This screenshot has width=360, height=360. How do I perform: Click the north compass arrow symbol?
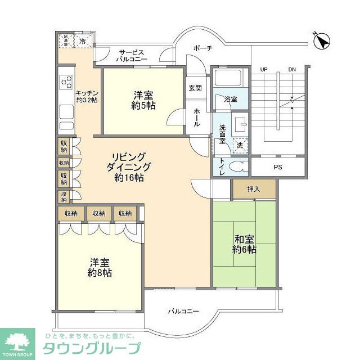[x=322, y=42]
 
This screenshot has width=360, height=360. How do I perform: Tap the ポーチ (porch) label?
[x=202, y=48]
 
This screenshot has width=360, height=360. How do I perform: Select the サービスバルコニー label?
[x=132, y=55]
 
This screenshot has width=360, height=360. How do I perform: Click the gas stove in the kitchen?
[x=66, y=83]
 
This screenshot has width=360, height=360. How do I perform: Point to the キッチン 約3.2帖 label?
[x=88, y=96]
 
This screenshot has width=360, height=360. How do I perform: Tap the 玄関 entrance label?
[x=195, y=88]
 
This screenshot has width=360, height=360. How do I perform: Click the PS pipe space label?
[x=277, y=167]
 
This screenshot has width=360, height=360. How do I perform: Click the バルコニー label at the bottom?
[x=184, y=310]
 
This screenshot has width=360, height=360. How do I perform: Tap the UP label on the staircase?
[x=264, y=69]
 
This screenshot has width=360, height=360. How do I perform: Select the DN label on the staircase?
[x=291, y=69]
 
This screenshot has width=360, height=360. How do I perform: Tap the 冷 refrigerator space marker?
[x=83, y=42]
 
